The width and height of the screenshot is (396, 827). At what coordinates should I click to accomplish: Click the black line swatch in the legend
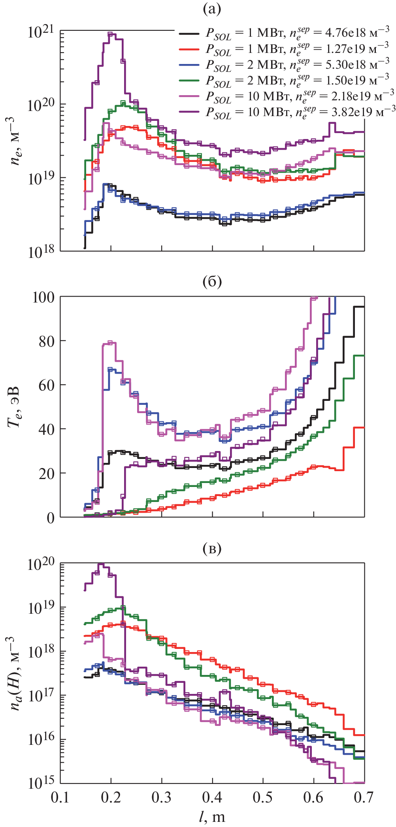[189, 34]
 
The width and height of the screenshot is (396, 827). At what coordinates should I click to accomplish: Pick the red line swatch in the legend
[189, 49]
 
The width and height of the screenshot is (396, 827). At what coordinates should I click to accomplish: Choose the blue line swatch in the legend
[189, 65]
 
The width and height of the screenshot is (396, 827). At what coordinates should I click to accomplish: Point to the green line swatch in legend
[189, 81]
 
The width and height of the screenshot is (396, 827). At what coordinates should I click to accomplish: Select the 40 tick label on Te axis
[47, 429]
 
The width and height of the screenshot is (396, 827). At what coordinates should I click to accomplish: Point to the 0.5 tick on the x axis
[262, 797]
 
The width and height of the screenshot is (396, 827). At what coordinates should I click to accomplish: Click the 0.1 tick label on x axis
[60, 797]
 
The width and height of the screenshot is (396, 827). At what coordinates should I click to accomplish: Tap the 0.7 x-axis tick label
[363, 797]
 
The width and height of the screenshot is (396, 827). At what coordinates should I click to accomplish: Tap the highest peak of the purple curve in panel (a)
[111, 34]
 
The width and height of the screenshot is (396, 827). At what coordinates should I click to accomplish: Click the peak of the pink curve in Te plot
[110, 342]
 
